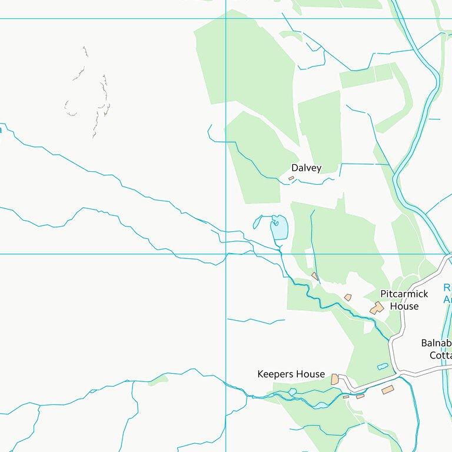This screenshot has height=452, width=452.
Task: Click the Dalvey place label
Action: click(x=307, y=168)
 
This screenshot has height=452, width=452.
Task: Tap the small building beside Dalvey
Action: click(x=291, y=178)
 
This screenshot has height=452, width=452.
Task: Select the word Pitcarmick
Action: click(x=404, y=294)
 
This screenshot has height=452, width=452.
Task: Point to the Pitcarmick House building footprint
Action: click(x=377, y=308)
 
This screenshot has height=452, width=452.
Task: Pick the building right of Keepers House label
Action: click(x=335, y=380)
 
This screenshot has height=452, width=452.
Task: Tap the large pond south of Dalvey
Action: click(x=279, y=228)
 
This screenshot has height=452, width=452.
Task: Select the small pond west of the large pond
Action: click(x=257, y=222)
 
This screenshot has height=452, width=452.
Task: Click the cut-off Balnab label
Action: click(x=436, y=343)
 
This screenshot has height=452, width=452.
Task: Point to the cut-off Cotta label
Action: click(x=440, y=355)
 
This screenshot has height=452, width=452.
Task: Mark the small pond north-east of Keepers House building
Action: click(x=383, y=367)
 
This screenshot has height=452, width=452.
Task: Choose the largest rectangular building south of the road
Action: click(x=387, y=390)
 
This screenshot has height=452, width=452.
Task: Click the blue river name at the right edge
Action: click(x=447, y=294)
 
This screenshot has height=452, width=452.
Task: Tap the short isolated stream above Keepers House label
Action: click(x=256, y=321)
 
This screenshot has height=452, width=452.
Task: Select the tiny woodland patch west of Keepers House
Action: click(x=158, y=381)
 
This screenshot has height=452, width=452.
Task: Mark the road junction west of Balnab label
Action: click(x=402, y=373)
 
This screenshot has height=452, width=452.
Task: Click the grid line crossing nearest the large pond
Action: click(x=226, y=254)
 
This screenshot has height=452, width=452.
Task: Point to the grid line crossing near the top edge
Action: click(x=226, y=18)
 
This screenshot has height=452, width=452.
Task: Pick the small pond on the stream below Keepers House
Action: click(x=293, y=392)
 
